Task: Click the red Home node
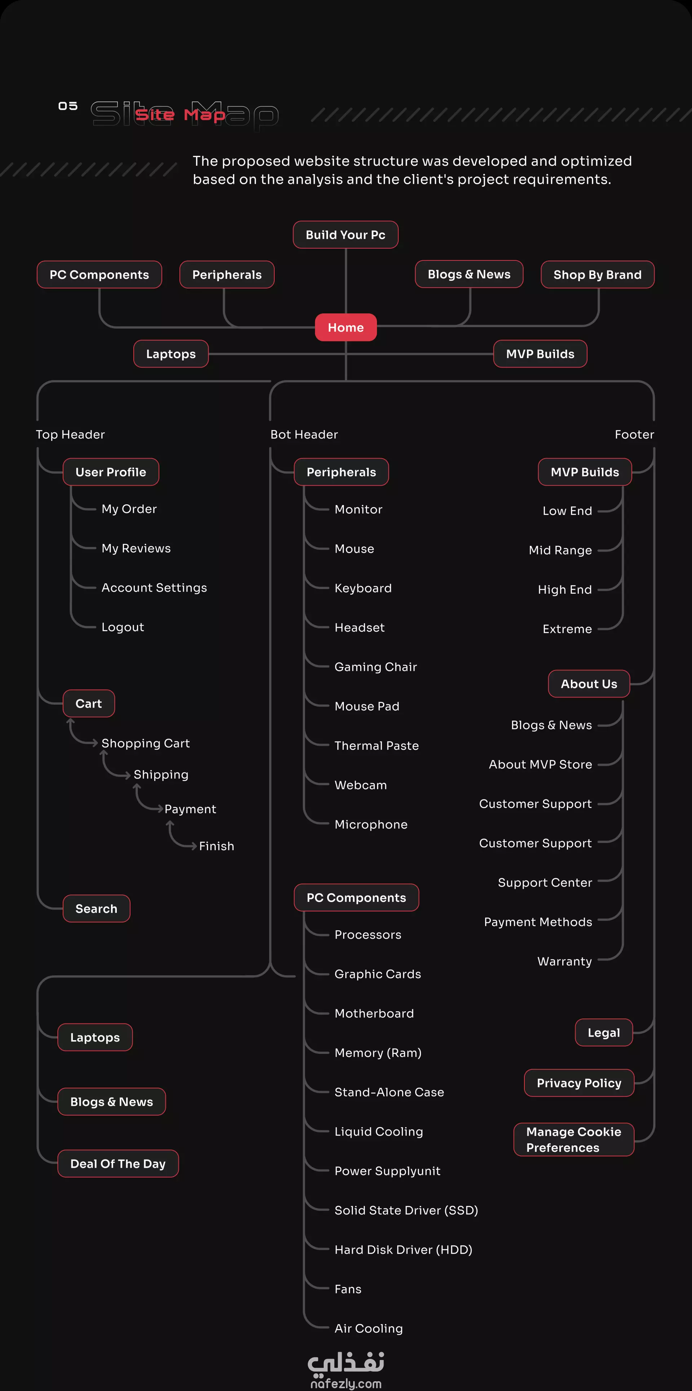[x=346, y=327]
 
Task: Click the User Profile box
[x=111, y=472]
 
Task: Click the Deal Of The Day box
[x=118, y=1164]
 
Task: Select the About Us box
[x=589, y=684]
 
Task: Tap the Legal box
[x=604, y=1033]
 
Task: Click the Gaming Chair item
[x=376, y=667]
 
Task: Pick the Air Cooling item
[x=368, y=1328]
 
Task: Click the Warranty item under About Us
[x=564, y=961]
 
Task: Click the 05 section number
[x=68, y=106]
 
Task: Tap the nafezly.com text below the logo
[x=346, y=1383]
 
